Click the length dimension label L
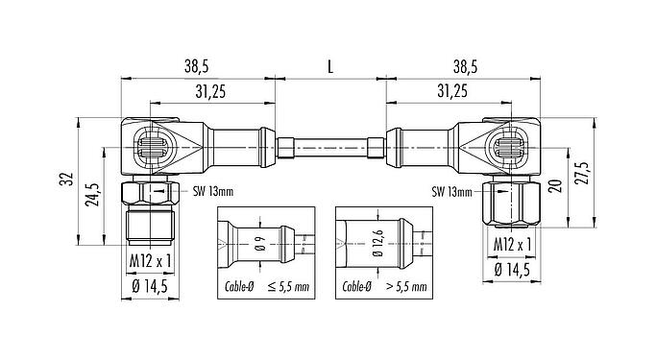coord(331,67)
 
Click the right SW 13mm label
coord(451,192)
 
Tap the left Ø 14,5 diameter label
coord(149,287)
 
